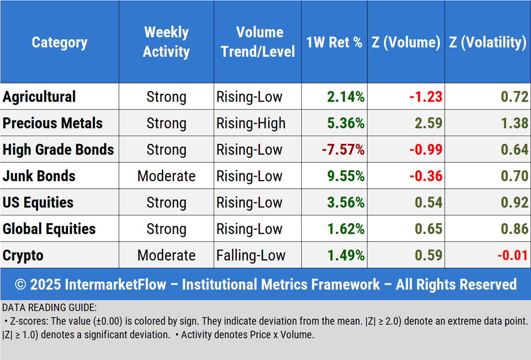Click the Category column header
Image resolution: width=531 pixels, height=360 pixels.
[x=59, y=42]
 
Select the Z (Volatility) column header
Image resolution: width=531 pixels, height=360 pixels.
[x=487, y=42]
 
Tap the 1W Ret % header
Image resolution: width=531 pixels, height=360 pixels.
[x=334, y=42]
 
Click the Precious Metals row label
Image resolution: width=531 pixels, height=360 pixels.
[x=53, y=123]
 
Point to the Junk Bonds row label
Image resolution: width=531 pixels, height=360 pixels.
[x=39, y=176]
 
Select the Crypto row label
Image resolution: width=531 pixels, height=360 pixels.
[x=23, y=255]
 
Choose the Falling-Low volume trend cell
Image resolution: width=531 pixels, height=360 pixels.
[x=251, y=255]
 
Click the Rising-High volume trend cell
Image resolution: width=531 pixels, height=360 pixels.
[x=251, y=123]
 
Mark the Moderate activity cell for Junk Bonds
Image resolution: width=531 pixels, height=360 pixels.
[x=166, y=176]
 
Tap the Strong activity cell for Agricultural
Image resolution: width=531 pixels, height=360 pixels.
[x=166, y=96]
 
